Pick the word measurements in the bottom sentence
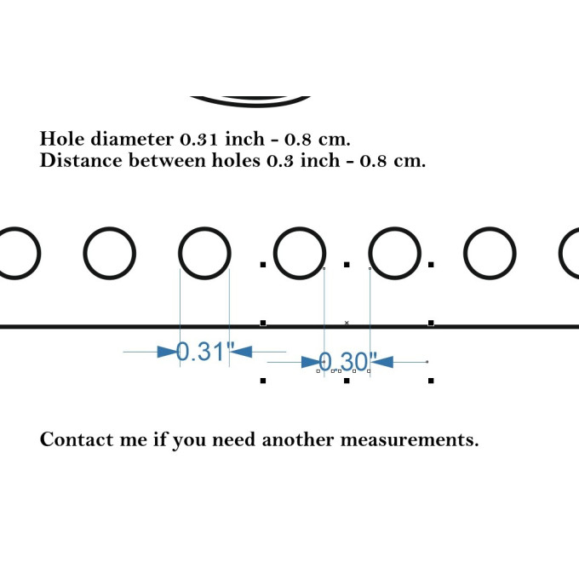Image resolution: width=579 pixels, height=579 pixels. (410, 440)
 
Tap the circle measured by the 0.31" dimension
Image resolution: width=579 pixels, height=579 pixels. (204, 253)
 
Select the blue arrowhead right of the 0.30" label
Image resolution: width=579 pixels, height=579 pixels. (382, 362)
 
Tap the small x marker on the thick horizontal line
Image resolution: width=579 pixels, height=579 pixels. (347, 323)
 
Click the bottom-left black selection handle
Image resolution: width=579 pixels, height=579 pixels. (263, 381)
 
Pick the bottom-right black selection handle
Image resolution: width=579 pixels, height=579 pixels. (431, 381)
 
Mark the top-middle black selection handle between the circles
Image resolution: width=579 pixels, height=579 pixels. (347, 265)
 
